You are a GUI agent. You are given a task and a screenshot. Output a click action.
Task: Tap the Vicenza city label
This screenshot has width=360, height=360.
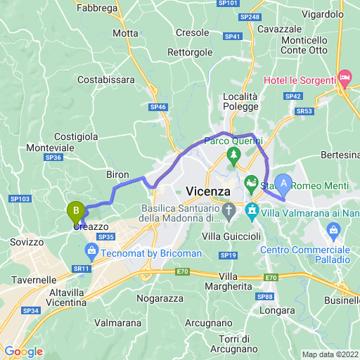[208, 191]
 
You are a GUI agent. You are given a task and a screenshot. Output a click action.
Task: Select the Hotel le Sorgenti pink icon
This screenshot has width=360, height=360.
[345, 76]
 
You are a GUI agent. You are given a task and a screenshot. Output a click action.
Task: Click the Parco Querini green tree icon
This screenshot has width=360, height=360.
[233, 153]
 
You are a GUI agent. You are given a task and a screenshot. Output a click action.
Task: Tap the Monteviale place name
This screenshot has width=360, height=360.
[50, 148]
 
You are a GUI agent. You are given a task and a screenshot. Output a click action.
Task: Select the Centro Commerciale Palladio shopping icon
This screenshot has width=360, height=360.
[334, 230]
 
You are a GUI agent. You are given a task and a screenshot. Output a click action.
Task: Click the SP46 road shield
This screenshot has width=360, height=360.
[158, 107]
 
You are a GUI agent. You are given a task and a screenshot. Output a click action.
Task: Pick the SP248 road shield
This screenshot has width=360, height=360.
[249, 16]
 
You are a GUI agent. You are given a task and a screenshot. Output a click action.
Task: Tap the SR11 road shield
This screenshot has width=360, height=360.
[82, 269]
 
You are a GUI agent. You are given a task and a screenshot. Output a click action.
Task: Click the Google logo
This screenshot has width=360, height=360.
[23, 352]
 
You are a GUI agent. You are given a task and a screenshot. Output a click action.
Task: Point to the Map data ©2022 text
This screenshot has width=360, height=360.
[329, 354]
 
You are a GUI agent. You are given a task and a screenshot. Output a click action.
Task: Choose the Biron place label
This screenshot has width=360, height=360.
[117, 174]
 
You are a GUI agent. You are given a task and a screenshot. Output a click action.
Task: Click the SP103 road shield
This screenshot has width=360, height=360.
[21, 199]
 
